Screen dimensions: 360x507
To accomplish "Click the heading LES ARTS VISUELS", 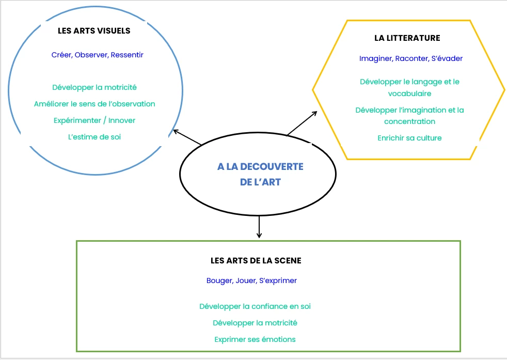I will pyautogui.click(x=94, y=30).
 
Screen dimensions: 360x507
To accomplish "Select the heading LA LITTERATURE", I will pyautogui.click(x=407, y=38).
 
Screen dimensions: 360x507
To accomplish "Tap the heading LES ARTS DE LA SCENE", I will pyautogui.click(x=256, y=261).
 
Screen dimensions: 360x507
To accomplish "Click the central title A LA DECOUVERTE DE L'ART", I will pyautogui.click(x=260, y=174).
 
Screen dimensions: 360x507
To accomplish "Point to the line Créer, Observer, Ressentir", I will pyautogui.click(x=98, y=54).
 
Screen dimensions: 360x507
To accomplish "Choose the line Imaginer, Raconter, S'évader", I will pyautogui.click(x=411, y=58).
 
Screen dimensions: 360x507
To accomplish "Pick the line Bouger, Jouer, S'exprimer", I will pyautogui.click(x=251, y=280).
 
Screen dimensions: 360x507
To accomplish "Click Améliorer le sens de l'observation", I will pyautogui.click(x=94, y=104).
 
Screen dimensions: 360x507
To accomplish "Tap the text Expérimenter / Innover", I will pyautogui.click(x=94, y=120).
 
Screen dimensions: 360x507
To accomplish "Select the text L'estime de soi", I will pyautogui.click(x=94, y=137).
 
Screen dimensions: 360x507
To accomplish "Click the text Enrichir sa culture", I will pyautogui.click(x=409, y=138).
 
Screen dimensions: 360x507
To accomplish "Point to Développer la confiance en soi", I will pyautogui.click(x=255, y=306).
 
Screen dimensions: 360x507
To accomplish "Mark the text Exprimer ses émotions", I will pyautogui.click(x=255, y=339).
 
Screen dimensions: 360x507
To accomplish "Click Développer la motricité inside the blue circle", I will pyautogui.click(x=94, y=87).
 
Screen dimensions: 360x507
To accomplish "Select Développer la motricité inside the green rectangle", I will pyautogui.click(x=255, y=323).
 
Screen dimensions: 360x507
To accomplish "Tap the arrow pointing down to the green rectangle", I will pyautogui.click(x=259, y=227).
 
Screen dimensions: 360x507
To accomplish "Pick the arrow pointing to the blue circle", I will pyautogui.click(x=186, y=137).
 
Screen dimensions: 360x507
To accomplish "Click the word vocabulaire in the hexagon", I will pyautogui.click(x=409, y=93).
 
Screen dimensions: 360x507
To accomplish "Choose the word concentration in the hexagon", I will pyautogui.click(x=409, y=121).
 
